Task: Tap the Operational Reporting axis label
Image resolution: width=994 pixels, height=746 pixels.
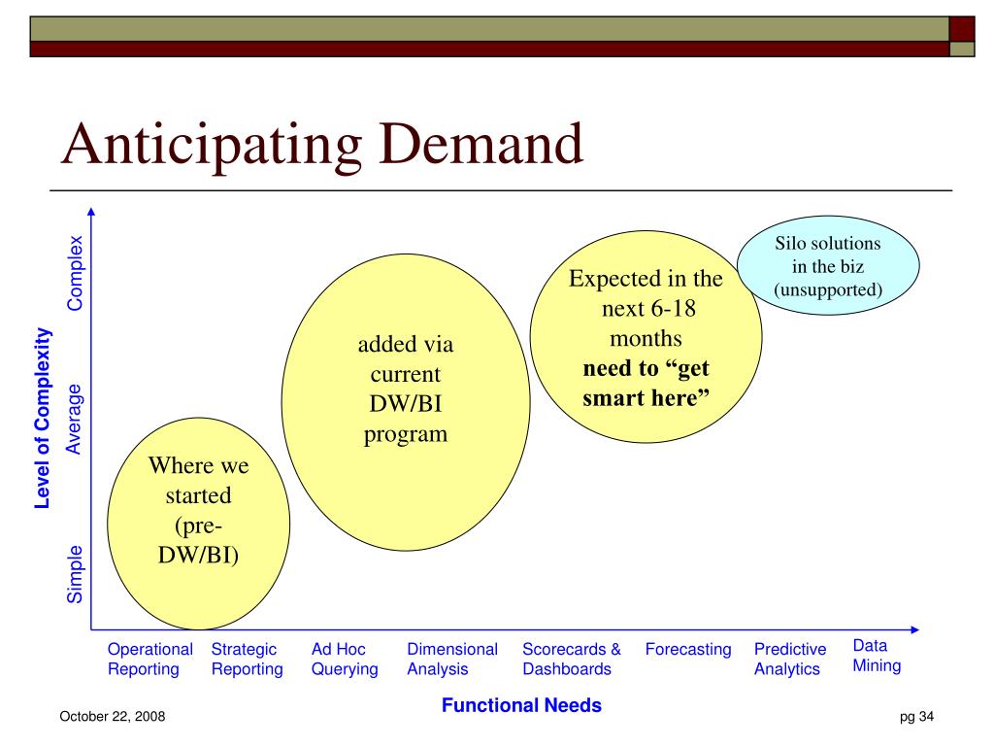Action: coord(150,660)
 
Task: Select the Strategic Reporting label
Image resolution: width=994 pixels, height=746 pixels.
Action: coord(248,660)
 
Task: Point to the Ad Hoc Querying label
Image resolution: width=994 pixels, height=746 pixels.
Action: coord(345,660)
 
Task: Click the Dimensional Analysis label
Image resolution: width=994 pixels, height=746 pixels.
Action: coord(452,660)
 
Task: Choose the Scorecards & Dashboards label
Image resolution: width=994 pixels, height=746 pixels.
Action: coord(572,660)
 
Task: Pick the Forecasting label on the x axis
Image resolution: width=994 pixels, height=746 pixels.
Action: coord(688,650)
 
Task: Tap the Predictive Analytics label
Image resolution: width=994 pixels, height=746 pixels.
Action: coord(790,660)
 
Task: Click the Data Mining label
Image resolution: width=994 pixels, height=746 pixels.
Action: coord(877,656)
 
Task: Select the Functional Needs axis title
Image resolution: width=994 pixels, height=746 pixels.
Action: coord(521,705)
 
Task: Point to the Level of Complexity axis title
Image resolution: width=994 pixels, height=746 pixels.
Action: coord(43,419)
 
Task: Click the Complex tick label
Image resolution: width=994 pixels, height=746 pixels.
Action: coord(76,273)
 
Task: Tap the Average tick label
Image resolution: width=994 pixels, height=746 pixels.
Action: coord(74,420)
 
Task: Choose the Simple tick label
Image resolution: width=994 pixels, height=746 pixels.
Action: coord(75,574)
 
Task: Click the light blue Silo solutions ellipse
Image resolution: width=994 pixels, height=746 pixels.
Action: coord(828,265)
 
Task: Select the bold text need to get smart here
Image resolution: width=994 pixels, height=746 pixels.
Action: coord(646,383)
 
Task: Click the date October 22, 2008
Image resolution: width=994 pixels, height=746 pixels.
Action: coord(113,716)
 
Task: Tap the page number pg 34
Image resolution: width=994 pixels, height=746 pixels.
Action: coord(916,716)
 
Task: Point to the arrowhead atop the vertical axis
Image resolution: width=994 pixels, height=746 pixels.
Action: coord(91,211)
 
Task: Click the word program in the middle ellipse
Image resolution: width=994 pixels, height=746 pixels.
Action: coord(406,435)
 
